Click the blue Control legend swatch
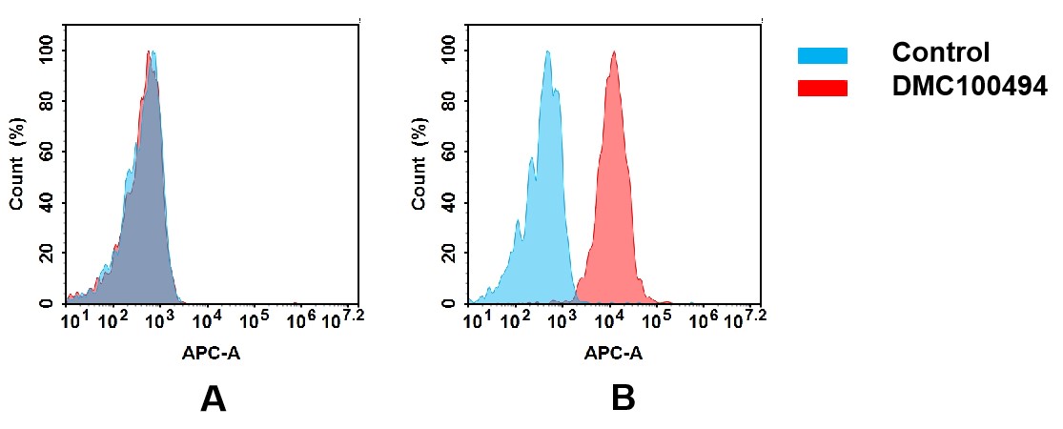(822, 55)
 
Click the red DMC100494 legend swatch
(822, 88)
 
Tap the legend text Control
(940, 53)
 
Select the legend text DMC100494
(970, 87)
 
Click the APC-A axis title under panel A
(212, 354)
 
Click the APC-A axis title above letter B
(614, 354)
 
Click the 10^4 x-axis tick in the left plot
(209, 320)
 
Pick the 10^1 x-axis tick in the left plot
(74, 320)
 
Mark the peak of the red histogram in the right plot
(614, 52)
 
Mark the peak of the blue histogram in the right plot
(548, 52)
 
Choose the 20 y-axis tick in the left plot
(47, 253)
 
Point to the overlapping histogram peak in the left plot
(151, 52)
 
